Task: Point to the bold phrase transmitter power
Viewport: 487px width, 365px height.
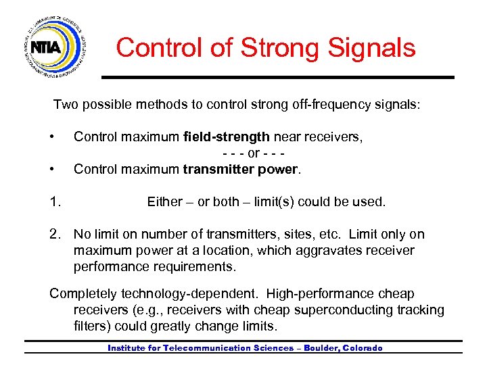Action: tap(240, 169)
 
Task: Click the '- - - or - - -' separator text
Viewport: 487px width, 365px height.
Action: tap(253, 153)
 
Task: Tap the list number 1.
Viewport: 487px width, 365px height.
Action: tap(55, 201)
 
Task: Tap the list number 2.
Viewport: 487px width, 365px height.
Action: tap(55, 235)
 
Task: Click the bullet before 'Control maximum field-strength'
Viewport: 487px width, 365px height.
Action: tap(52, 137)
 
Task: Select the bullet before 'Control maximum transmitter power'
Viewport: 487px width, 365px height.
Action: tap(52, 169)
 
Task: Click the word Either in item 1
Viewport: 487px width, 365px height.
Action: tap(164, 201)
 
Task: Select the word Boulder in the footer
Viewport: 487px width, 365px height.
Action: tap(319, 348)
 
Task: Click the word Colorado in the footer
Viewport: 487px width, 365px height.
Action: tap(363, 348)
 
